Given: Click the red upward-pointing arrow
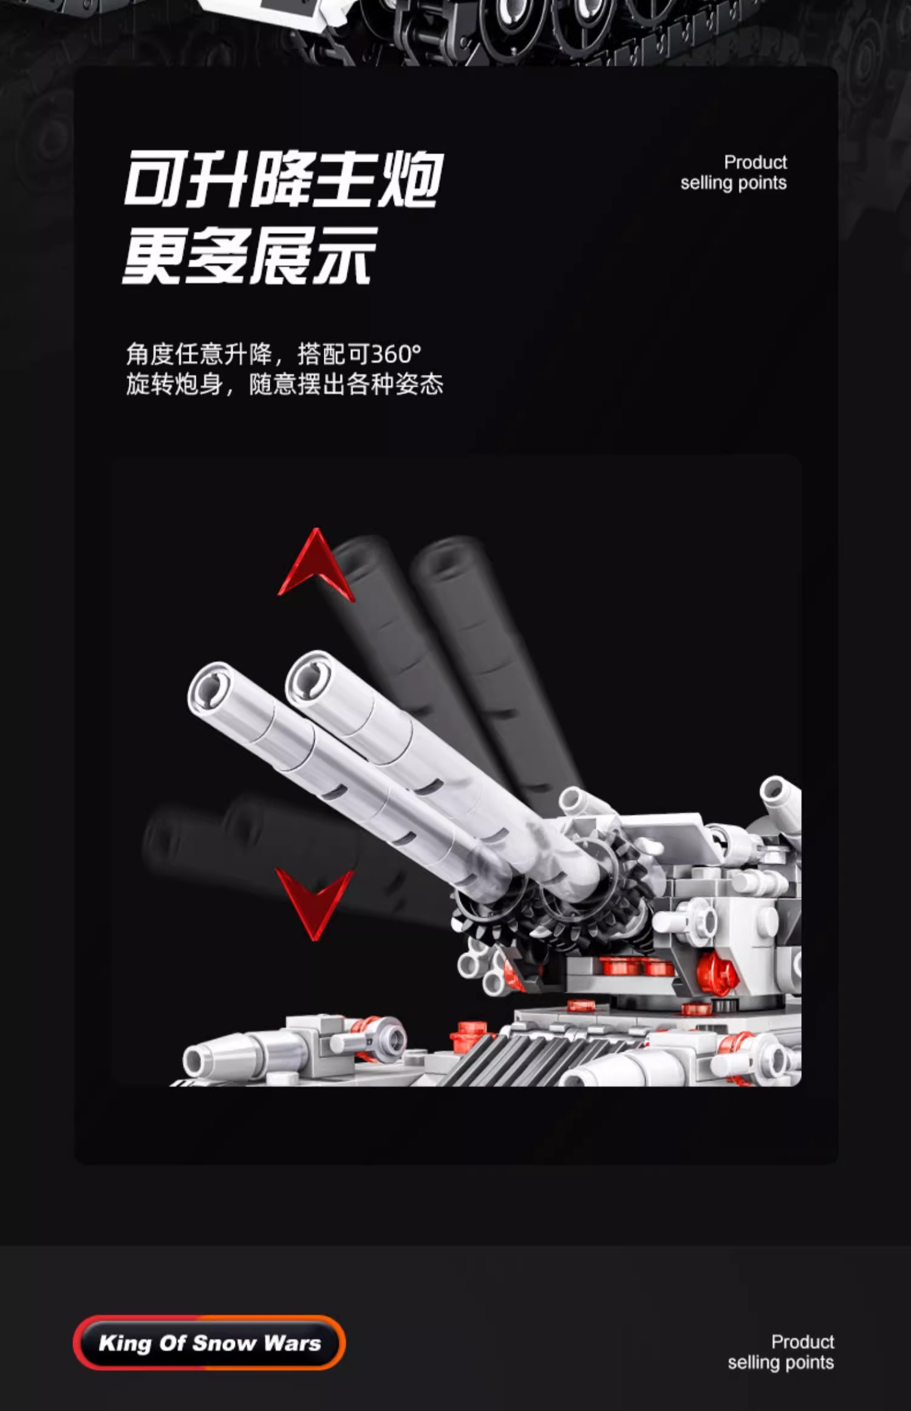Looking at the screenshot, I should pos(315,565).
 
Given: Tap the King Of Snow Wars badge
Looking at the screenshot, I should pos(209,1342).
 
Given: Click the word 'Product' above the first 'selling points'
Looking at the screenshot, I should pos(755,162).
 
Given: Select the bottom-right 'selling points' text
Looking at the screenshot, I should pos(780,1363).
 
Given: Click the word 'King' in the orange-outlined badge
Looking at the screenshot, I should pos(125,1343).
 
